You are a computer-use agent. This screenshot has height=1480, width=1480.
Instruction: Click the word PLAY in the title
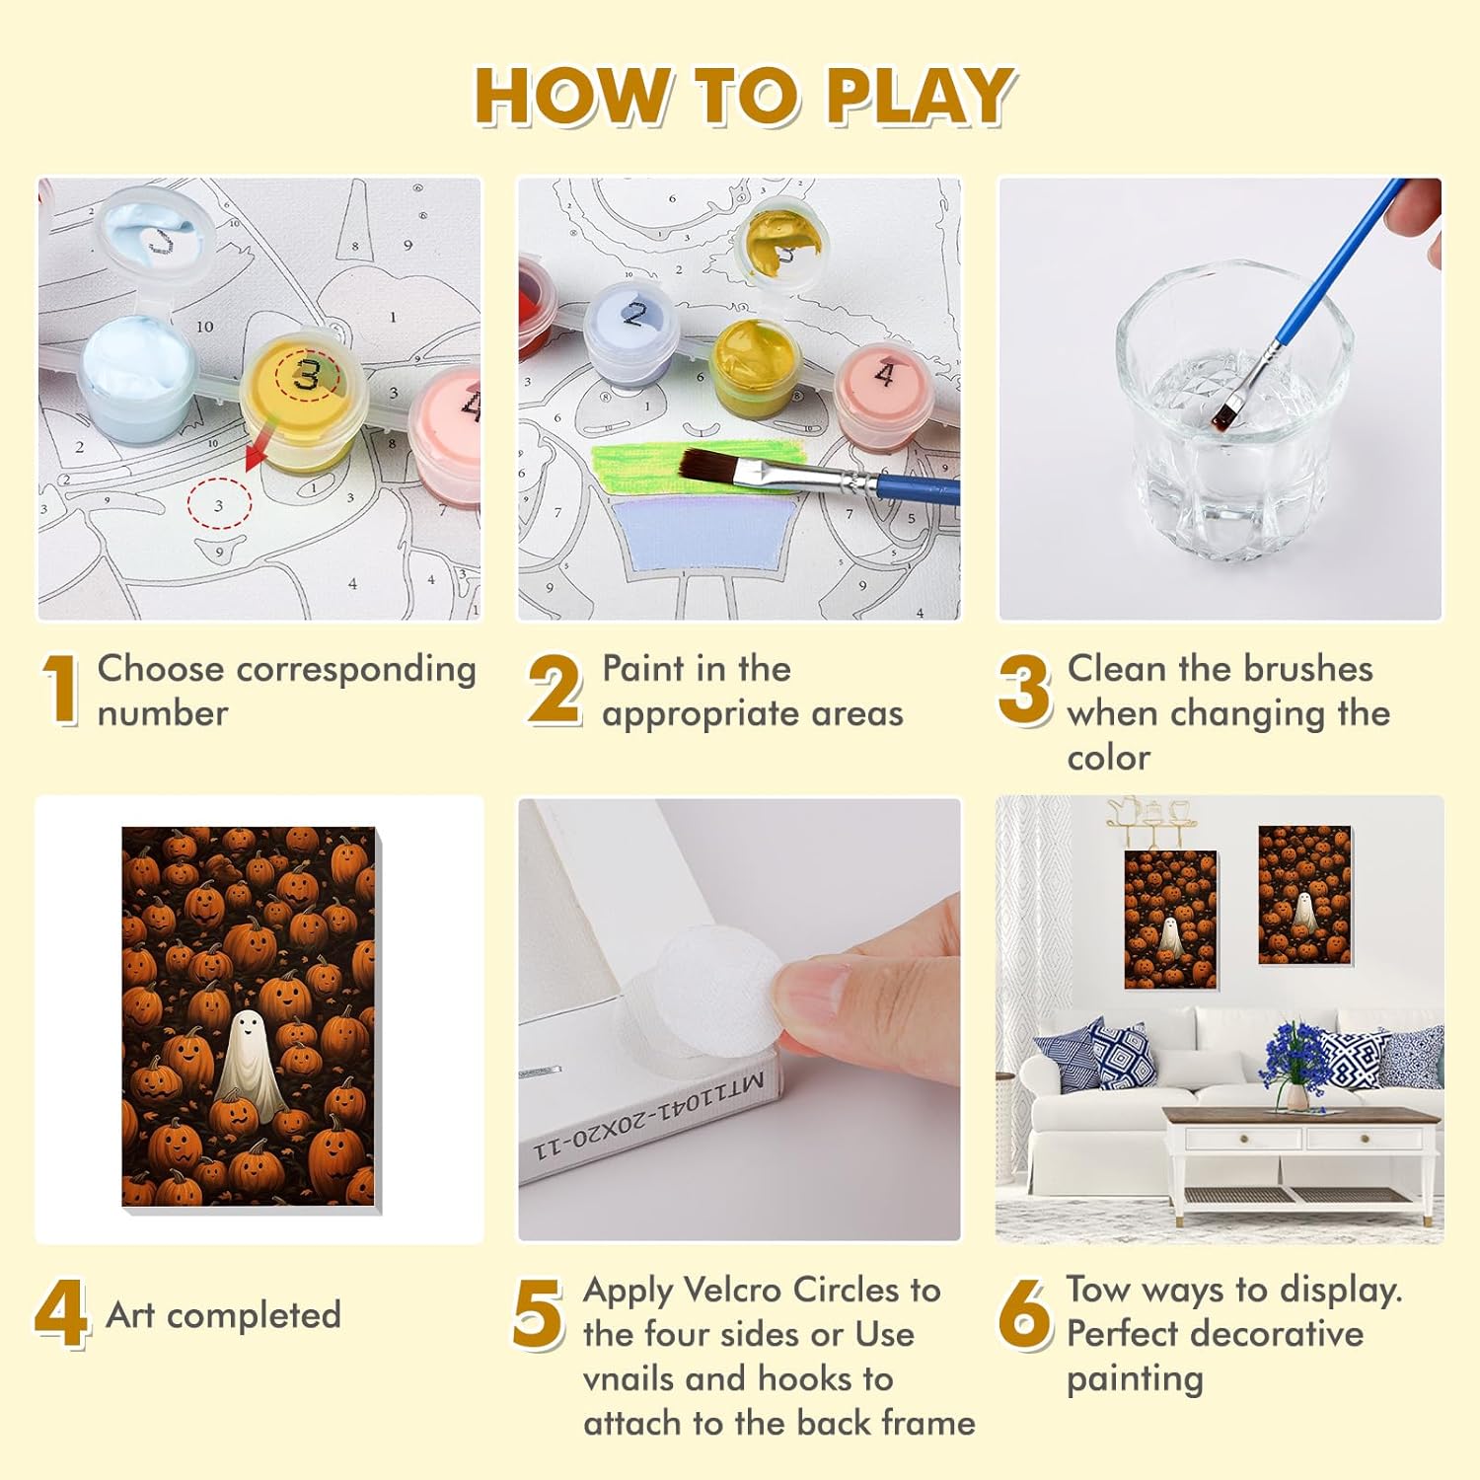(920, 96)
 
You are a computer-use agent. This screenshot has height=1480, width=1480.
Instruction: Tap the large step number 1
(61, 690)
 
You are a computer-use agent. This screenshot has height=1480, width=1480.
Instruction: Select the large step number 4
(61, 1314)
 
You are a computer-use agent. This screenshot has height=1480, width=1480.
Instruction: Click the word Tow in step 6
(1097, 1290)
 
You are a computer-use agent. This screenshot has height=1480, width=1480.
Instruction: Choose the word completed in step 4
(255, 1316)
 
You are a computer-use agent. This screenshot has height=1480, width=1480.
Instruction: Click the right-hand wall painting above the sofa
(1304, 895)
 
